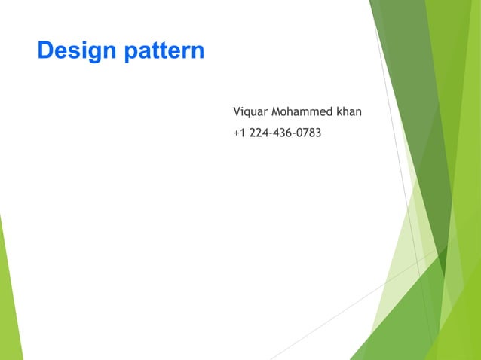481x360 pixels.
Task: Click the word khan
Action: tap(349, 112)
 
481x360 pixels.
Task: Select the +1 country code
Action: tap(239, 134)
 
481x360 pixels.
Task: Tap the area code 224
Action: tap(259, 134)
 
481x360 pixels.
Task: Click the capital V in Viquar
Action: tap(237, 112)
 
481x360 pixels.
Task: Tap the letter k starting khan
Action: tap(340, 112)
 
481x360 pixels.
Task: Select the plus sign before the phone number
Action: tap(236, 135)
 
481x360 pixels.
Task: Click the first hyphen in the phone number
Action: tap(272, 135)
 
